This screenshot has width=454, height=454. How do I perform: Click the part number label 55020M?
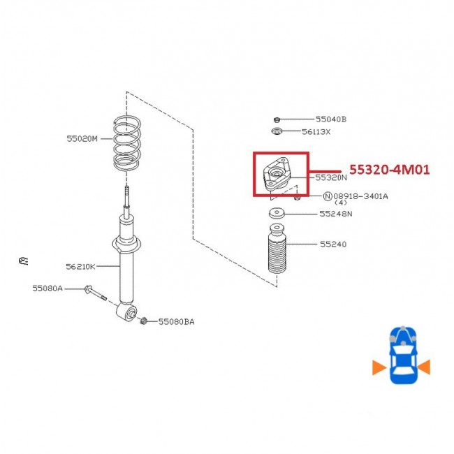(x=82, y=139)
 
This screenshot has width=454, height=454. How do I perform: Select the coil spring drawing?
(x=127, y=142)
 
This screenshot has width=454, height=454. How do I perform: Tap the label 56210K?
(x=80, y=266)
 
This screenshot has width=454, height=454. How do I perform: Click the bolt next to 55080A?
(x=95, y=293)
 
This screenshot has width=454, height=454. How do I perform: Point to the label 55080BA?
(x=176, y=322)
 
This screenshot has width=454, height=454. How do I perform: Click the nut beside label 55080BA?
(x=143, y=321)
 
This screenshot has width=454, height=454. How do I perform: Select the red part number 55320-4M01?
(x=390, y=170)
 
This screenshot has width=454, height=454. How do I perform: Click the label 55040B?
(x=330, y=119)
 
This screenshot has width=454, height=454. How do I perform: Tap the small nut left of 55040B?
(x=277, y=119)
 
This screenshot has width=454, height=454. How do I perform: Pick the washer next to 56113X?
(x=277, y=131)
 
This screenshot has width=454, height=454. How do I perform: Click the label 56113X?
(x=316, y=132)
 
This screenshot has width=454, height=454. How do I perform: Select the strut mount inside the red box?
(x=276, y=175)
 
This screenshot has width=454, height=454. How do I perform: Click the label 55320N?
(x=330, y=177)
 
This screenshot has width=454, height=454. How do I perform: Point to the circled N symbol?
(x=327, y=196)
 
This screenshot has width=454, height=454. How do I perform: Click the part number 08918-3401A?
(x=360, y=196)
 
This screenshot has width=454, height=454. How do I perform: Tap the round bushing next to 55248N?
(x=277, y=214)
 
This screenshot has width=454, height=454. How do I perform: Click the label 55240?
(x=333, y=244)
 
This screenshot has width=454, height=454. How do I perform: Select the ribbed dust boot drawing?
(x=277, y=249)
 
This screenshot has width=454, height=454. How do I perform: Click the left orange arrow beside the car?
(x=379, y=367)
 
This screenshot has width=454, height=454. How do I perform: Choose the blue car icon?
(x=403, y=356)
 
